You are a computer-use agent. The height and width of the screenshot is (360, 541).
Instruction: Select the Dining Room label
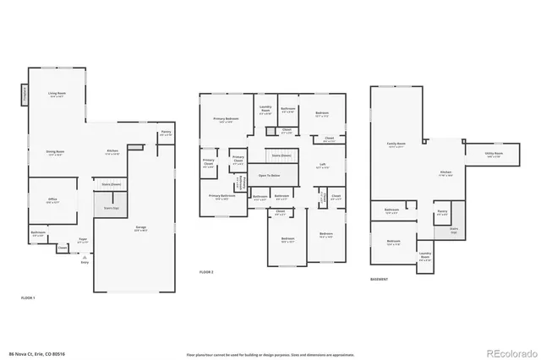click(x=56, y=153)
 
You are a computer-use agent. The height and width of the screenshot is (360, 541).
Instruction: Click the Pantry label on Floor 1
click(x=165, y=134)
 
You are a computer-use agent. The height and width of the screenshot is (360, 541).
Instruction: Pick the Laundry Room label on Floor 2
click(x=265, y=109)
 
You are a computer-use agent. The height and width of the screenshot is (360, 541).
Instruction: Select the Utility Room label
click(x=493, y=155)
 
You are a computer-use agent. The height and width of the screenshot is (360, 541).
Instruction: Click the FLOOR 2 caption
click(x=206, y=272)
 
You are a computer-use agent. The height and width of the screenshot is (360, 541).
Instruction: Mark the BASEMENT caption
click(x=380, y=279)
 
